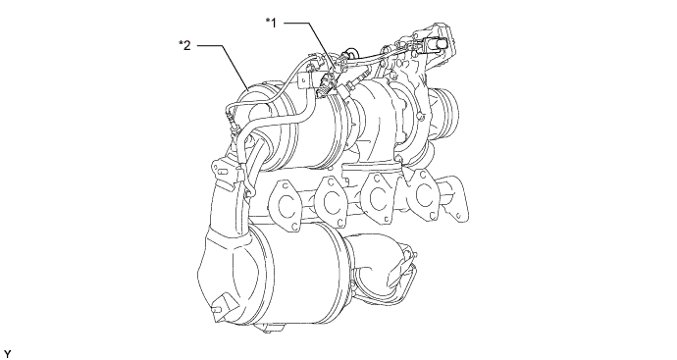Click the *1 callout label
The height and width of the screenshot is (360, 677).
tap(271, 23)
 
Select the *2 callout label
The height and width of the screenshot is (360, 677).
tap(184, 45)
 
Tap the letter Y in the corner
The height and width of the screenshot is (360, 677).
tap(7, 355)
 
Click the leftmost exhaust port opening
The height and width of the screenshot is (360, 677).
tap(286, 206)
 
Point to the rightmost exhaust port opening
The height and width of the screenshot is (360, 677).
tap(424, 193)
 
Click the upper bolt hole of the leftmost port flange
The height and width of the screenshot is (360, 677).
tap(286, 186)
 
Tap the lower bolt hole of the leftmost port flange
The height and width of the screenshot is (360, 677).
tap(294, 226)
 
